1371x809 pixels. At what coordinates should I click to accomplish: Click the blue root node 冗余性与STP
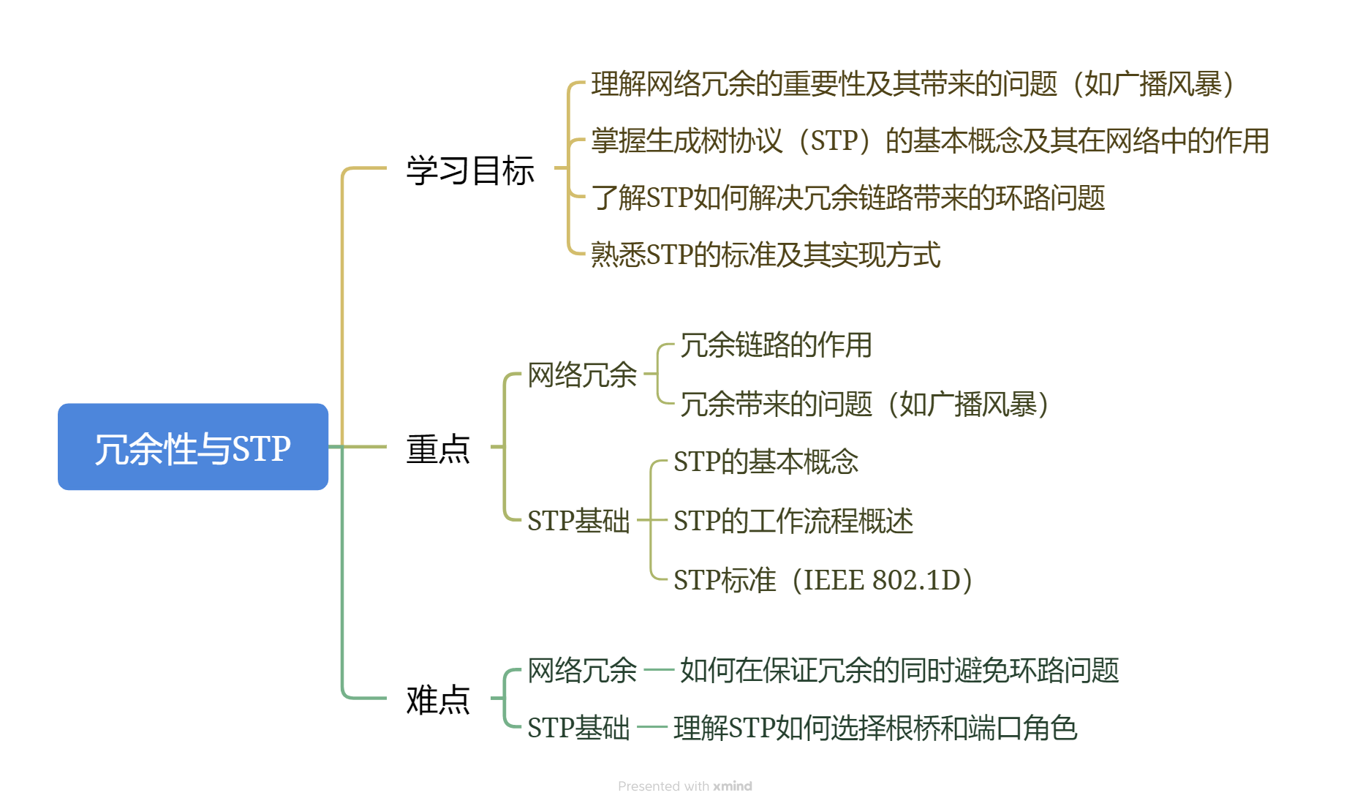click(x=193, y=447)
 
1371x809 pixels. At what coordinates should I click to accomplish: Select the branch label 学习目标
click(x=470, y=170)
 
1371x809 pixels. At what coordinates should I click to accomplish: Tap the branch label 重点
click(x=438, y=448)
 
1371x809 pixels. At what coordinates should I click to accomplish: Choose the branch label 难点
click(x=438, y=700)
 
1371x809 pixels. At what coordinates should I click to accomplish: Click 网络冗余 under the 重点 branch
click(x=582, y=375)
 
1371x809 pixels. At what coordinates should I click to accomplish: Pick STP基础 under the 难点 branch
click(x=578, y=728)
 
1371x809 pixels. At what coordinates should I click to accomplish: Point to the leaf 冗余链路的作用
click(x=776, y=345)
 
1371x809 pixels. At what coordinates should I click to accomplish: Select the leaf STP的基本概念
click(x=766, y=462)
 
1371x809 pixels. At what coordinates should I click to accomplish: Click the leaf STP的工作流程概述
click(x=793, y=521)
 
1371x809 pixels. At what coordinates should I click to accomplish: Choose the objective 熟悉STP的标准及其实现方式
click(x=766, y=255)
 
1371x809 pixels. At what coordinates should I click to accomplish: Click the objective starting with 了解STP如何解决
click(x=848, y=197)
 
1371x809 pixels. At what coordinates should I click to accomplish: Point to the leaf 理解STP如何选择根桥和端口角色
click(x=875, y=728)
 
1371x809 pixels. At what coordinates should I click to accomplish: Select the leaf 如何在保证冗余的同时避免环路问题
click(x=899, y=670)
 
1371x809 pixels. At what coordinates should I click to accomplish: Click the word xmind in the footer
click(x=733, y=786)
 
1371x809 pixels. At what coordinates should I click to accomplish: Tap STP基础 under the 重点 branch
click(x=578, y=521)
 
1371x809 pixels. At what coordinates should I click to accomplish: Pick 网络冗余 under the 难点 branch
click(x=582, y=670)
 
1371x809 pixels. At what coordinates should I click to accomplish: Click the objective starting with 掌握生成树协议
click(x=930, y=140)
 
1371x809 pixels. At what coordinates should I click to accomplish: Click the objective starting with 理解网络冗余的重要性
click(x=914, y=84)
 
